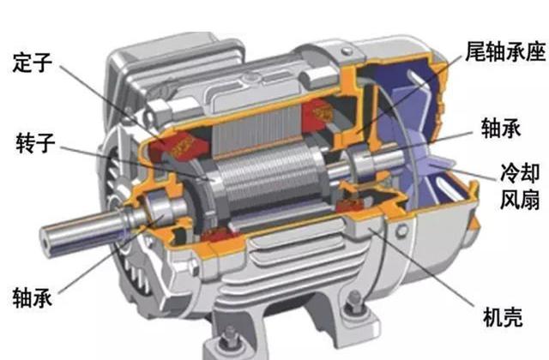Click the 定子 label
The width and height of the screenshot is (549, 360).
coord(33,63)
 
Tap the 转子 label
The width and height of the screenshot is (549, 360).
coord(35,143)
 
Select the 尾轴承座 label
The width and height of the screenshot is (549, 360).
coord(505,51)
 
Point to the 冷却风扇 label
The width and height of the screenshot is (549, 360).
coord(520,187)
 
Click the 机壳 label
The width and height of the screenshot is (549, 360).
coord(503,317)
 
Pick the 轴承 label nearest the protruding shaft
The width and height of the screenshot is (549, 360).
coord(33,298)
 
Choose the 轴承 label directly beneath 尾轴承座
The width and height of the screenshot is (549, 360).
coord(501,128)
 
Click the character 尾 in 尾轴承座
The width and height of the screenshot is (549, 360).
coord(475,51)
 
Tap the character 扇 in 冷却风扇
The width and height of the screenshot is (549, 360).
coord(530,200)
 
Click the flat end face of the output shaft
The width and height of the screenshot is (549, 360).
coord(46,241)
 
